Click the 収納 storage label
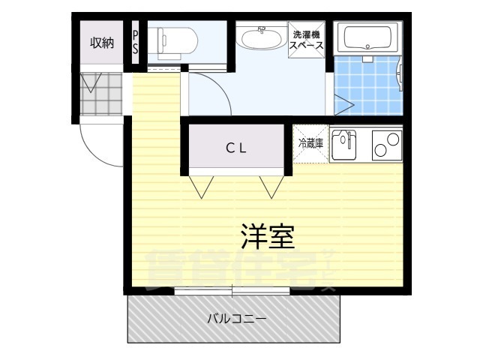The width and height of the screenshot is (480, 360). pyautogui.click(x=102, y=43)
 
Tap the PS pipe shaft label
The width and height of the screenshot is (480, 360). pyautogui.click(x=136, y=42)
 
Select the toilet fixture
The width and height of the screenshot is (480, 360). pyautogui.click(x=175, y=40)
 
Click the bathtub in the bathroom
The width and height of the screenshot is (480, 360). pyautogui.click(x=367, y=37)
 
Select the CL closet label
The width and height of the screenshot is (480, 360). pyautogui.click(x=236, y=148)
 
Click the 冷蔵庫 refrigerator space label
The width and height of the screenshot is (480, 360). pyautogui.click(x=310, y=142)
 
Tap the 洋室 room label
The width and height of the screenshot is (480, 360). pyautogui.click(x=267, y=236)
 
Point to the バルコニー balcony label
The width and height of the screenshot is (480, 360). pyautogui.click(x=236, y=318)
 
